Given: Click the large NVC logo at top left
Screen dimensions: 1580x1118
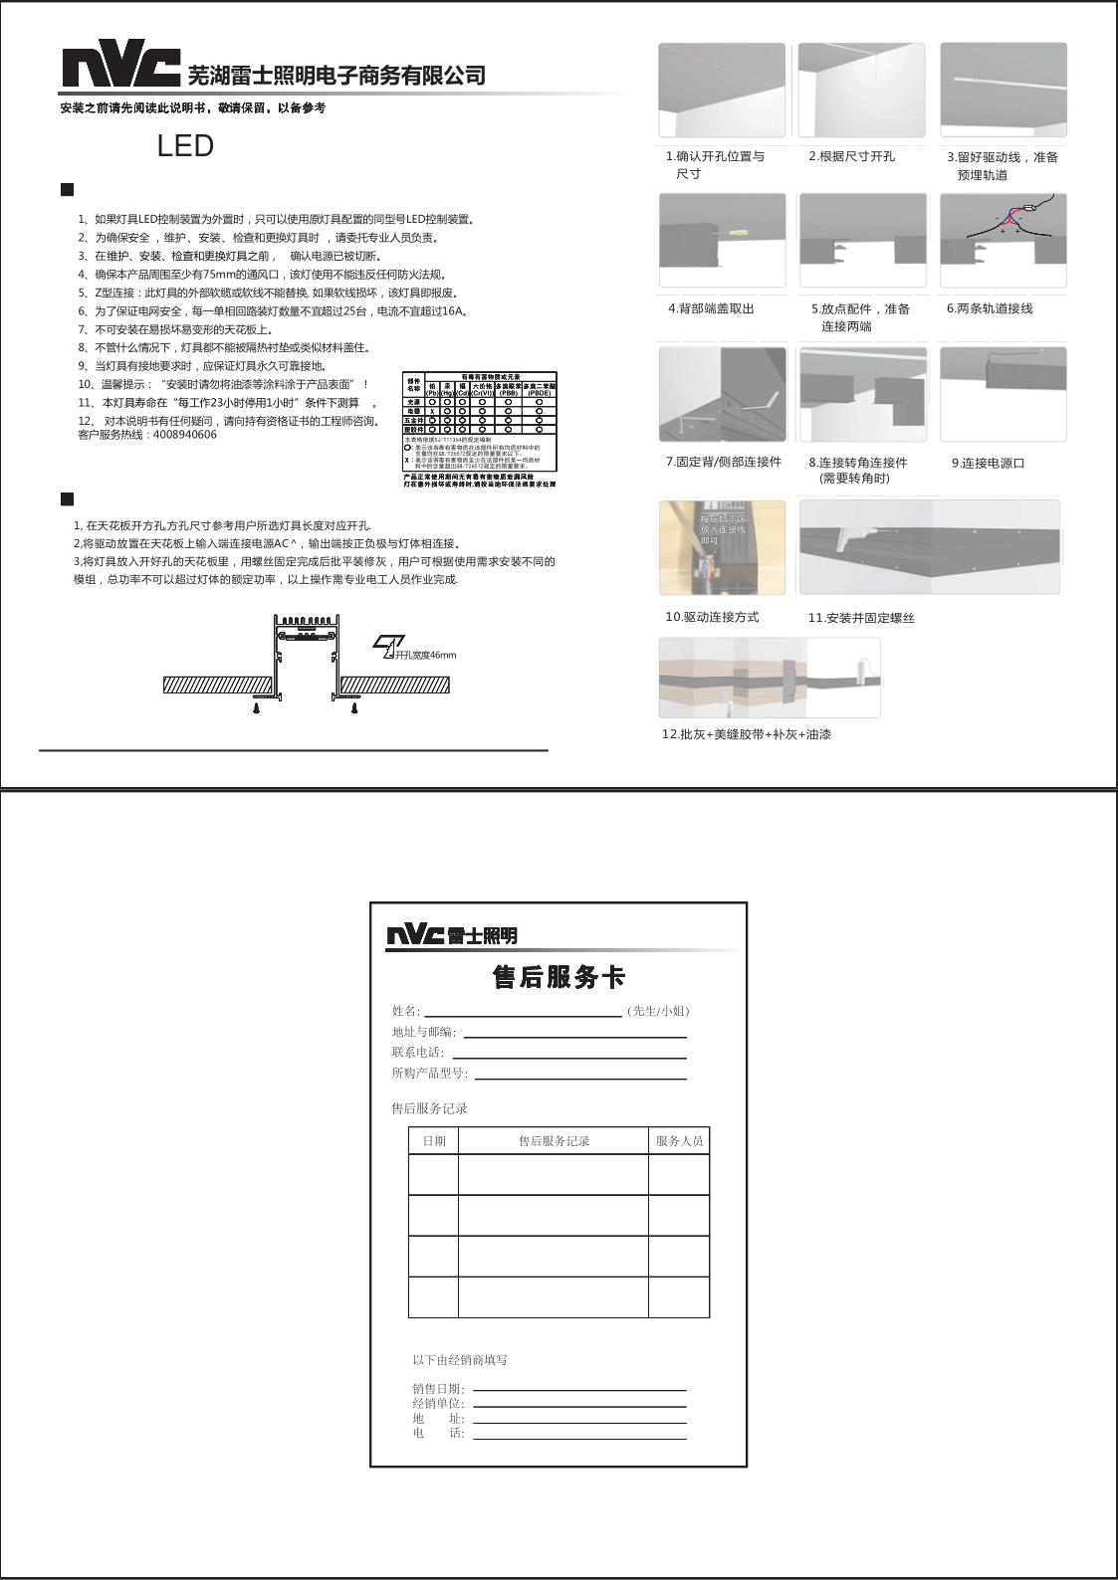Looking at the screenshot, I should [121, 67].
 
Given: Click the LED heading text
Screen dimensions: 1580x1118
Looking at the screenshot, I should [185, 146].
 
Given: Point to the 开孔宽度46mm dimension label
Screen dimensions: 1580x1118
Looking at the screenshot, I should [424, 655].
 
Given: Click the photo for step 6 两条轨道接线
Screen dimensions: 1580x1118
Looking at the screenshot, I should [1003, 241].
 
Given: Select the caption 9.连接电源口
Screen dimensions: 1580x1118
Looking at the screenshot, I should [988, 463].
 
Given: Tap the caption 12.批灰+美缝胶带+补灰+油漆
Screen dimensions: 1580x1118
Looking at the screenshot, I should [746, 734].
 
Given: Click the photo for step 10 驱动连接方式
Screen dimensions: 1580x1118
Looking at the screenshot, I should [722, 547].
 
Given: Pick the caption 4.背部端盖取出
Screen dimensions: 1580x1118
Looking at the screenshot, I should [711, 308].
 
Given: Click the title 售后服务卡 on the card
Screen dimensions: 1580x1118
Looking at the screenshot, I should [559, 977].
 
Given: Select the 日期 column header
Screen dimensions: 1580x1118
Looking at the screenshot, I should [434, 1141].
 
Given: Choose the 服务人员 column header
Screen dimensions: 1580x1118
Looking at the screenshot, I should [679, 1141].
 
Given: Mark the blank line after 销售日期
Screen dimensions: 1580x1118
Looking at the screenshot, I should [579, 1389].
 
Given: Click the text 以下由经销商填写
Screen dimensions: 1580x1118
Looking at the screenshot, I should [460, 1360].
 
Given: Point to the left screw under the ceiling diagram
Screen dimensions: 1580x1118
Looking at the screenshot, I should [257, 707].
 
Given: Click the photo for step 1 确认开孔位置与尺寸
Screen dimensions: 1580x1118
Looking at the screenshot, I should [722, 90].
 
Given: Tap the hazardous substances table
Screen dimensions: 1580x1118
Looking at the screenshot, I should [480, 421].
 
